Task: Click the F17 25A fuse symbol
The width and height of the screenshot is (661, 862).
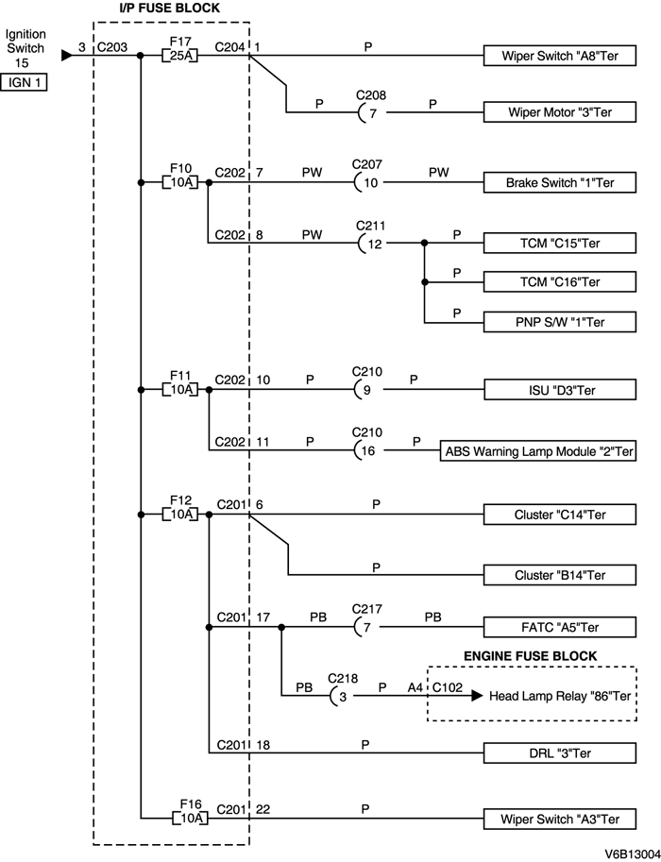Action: pyautogui.click(x=178, y=56)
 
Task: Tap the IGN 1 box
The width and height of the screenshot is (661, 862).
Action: pyautogui.click(x=25, y=82)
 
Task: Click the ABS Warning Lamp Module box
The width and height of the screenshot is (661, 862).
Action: pyautogui.click(x=539, y=451)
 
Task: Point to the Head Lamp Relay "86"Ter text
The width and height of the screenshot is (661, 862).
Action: pyautogui.click(x=559, y=697)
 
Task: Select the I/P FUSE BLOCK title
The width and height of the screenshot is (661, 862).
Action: pyautogui.click(x=169, y=8)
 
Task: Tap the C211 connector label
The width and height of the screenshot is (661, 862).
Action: pyautogui.click(x=369, y=227)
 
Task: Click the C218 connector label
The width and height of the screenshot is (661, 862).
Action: pyautogui.click(x=344, y=678)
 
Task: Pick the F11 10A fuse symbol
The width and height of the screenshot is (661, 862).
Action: pyautogui.click(x=178, y=389)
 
